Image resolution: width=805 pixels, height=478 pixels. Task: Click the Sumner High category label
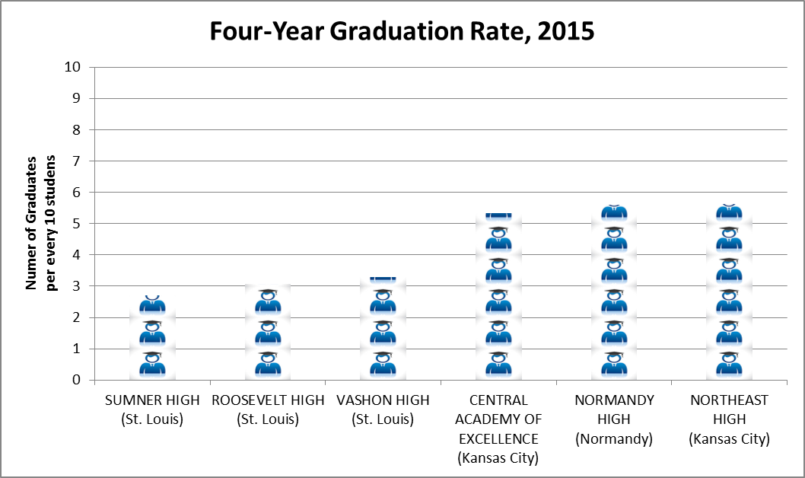click(152, 409)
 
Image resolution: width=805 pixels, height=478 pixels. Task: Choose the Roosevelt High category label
click(268, 409)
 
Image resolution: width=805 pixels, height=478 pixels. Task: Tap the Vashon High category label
click(383, 409)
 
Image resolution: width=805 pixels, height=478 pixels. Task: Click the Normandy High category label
click(614, 419)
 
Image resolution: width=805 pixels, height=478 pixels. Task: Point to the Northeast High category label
click(729, 419)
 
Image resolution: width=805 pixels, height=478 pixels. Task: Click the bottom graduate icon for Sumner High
click(152, 364)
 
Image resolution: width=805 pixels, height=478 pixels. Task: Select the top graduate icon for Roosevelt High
click(268, 301)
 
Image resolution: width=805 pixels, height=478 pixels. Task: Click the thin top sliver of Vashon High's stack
click(383, 279)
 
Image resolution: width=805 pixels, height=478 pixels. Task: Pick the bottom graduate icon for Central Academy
click(498, 364)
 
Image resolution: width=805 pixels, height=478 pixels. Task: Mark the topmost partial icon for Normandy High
click(614, 212)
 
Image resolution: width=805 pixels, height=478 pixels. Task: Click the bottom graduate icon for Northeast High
click(729, 364)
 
